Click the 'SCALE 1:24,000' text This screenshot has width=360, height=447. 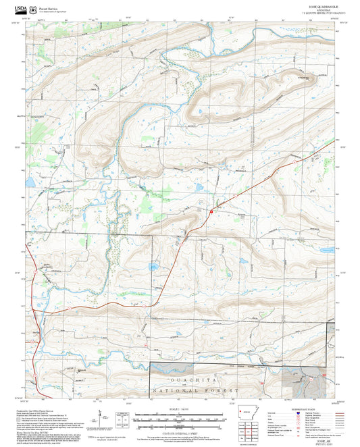(180, 407)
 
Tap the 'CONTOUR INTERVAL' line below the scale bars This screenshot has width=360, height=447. (180, 433)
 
